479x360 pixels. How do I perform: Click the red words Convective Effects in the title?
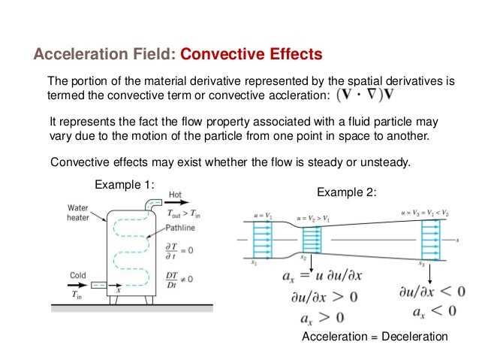click(x=252, y=55)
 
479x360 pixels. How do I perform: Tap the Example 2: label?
click(x=346, y=192)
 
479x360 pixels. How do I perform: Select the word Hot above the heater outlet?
click(x=175, y=194)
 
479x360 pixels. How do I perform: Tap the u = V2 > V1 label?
click(x=315, y=215)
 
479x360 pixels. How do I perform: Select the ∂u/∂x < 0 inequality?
click(x=432, y=291)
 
